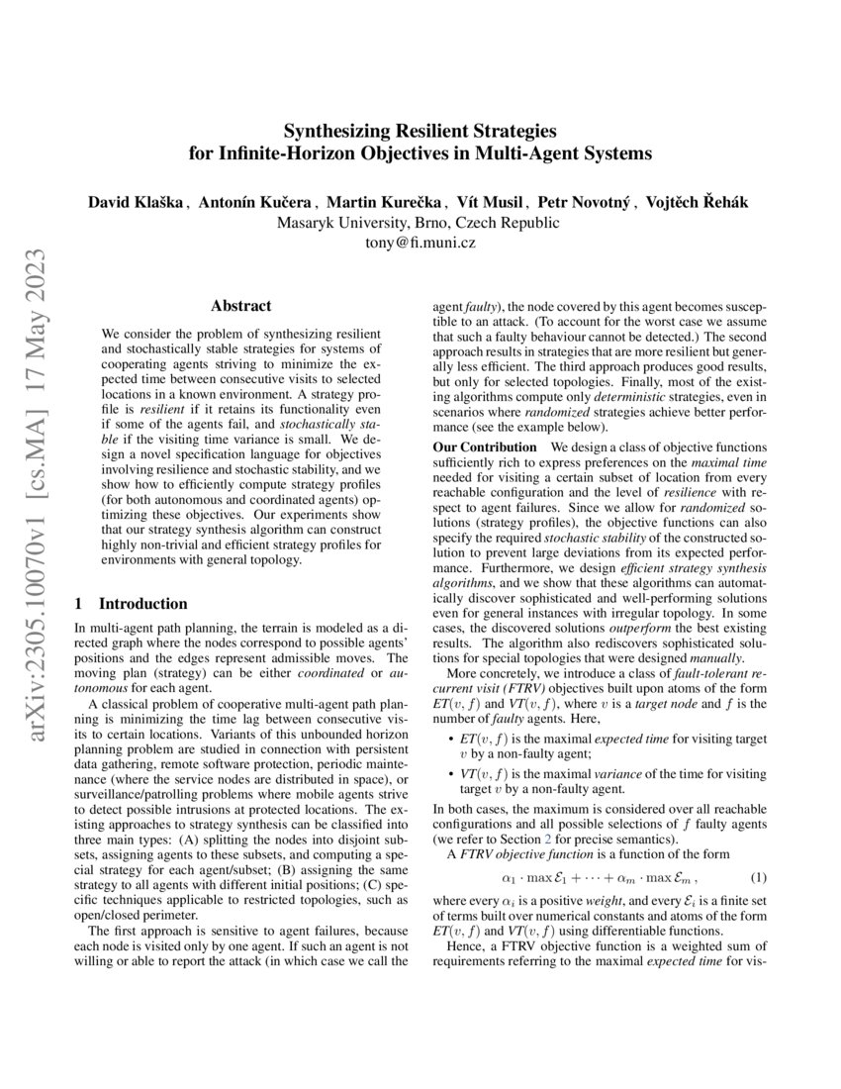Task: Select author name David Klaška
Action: click(x=137, y=202)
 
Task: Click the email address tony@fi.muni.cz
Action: click(x=420, y=243)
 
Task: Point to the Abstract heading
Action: click(x=241, y=307)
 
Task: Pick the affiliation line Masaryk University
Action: click(x=419, y=223)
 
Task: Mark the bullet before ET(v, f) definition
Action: click(x=440, y=740)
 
